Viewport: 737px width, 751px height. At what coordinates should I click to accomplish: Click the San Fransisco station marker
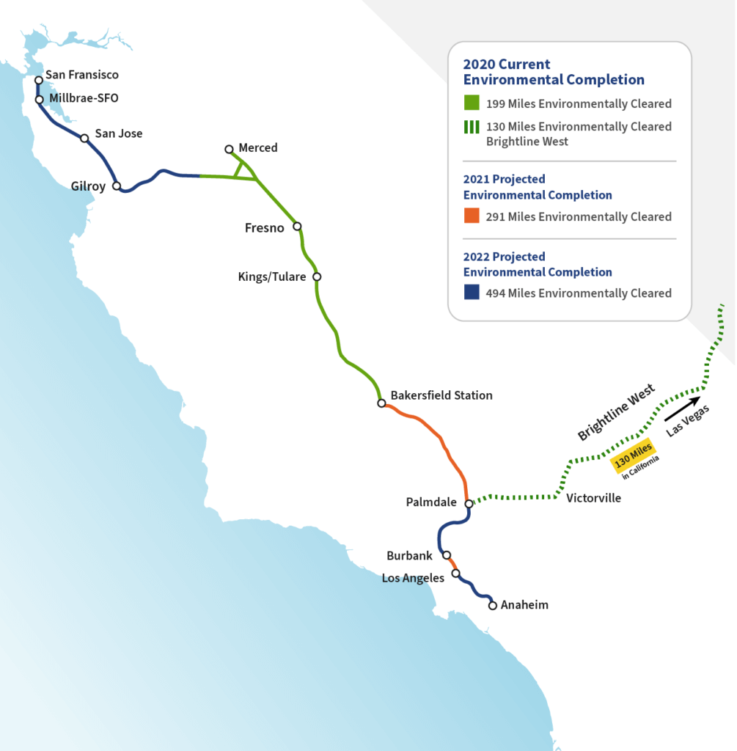[x=39, y=80]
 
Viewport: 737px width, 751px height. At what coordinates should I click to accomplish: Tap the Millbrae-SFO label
[x=84, y=98]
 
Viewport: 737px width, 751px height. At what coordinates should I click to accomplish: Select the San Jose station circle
[x=84, y=138]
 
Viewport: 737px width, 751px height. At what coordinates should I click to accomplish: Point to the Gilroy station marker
[x=117, y=186]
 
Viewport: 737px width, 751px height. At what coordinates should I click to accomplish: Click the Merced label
[x=258, y=148]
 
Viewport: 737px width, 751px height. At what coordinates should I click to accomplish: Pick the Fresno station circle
[x=297, y=227]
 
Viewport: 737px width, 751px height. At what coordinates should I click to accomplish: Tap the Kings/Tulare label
[x=272, y=277]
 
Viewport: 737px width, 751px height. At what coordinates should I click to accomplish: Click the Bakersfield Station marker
[x=381, y=403]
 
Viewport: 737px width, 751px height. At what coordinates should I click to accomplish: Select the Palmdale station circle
[x=469, y=504]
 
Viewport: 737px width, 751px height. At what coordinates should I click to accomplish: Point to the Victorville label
[x=593, y=499]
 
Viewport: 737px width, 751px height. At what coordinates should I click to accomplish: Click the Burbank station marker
[x=446, y=555]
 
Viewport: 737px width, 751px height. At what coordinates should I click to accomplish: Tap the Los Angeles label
[x=413, y=578]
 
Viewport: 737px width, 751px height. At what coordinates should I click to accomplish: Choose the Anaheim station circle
[x=493, y=606]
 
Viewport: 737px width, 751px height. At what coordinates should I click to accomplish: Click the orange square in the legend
[x=472, y=216]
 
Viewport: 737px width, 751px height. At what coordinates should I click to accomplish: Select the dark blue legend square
[x=472, y=293]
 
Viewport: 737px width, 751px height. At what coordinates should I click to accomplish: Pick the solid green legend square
[x=472, y=103]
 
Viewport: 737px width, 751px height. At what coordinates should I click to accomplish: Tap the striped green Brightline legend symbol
[x=472, y=127]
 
